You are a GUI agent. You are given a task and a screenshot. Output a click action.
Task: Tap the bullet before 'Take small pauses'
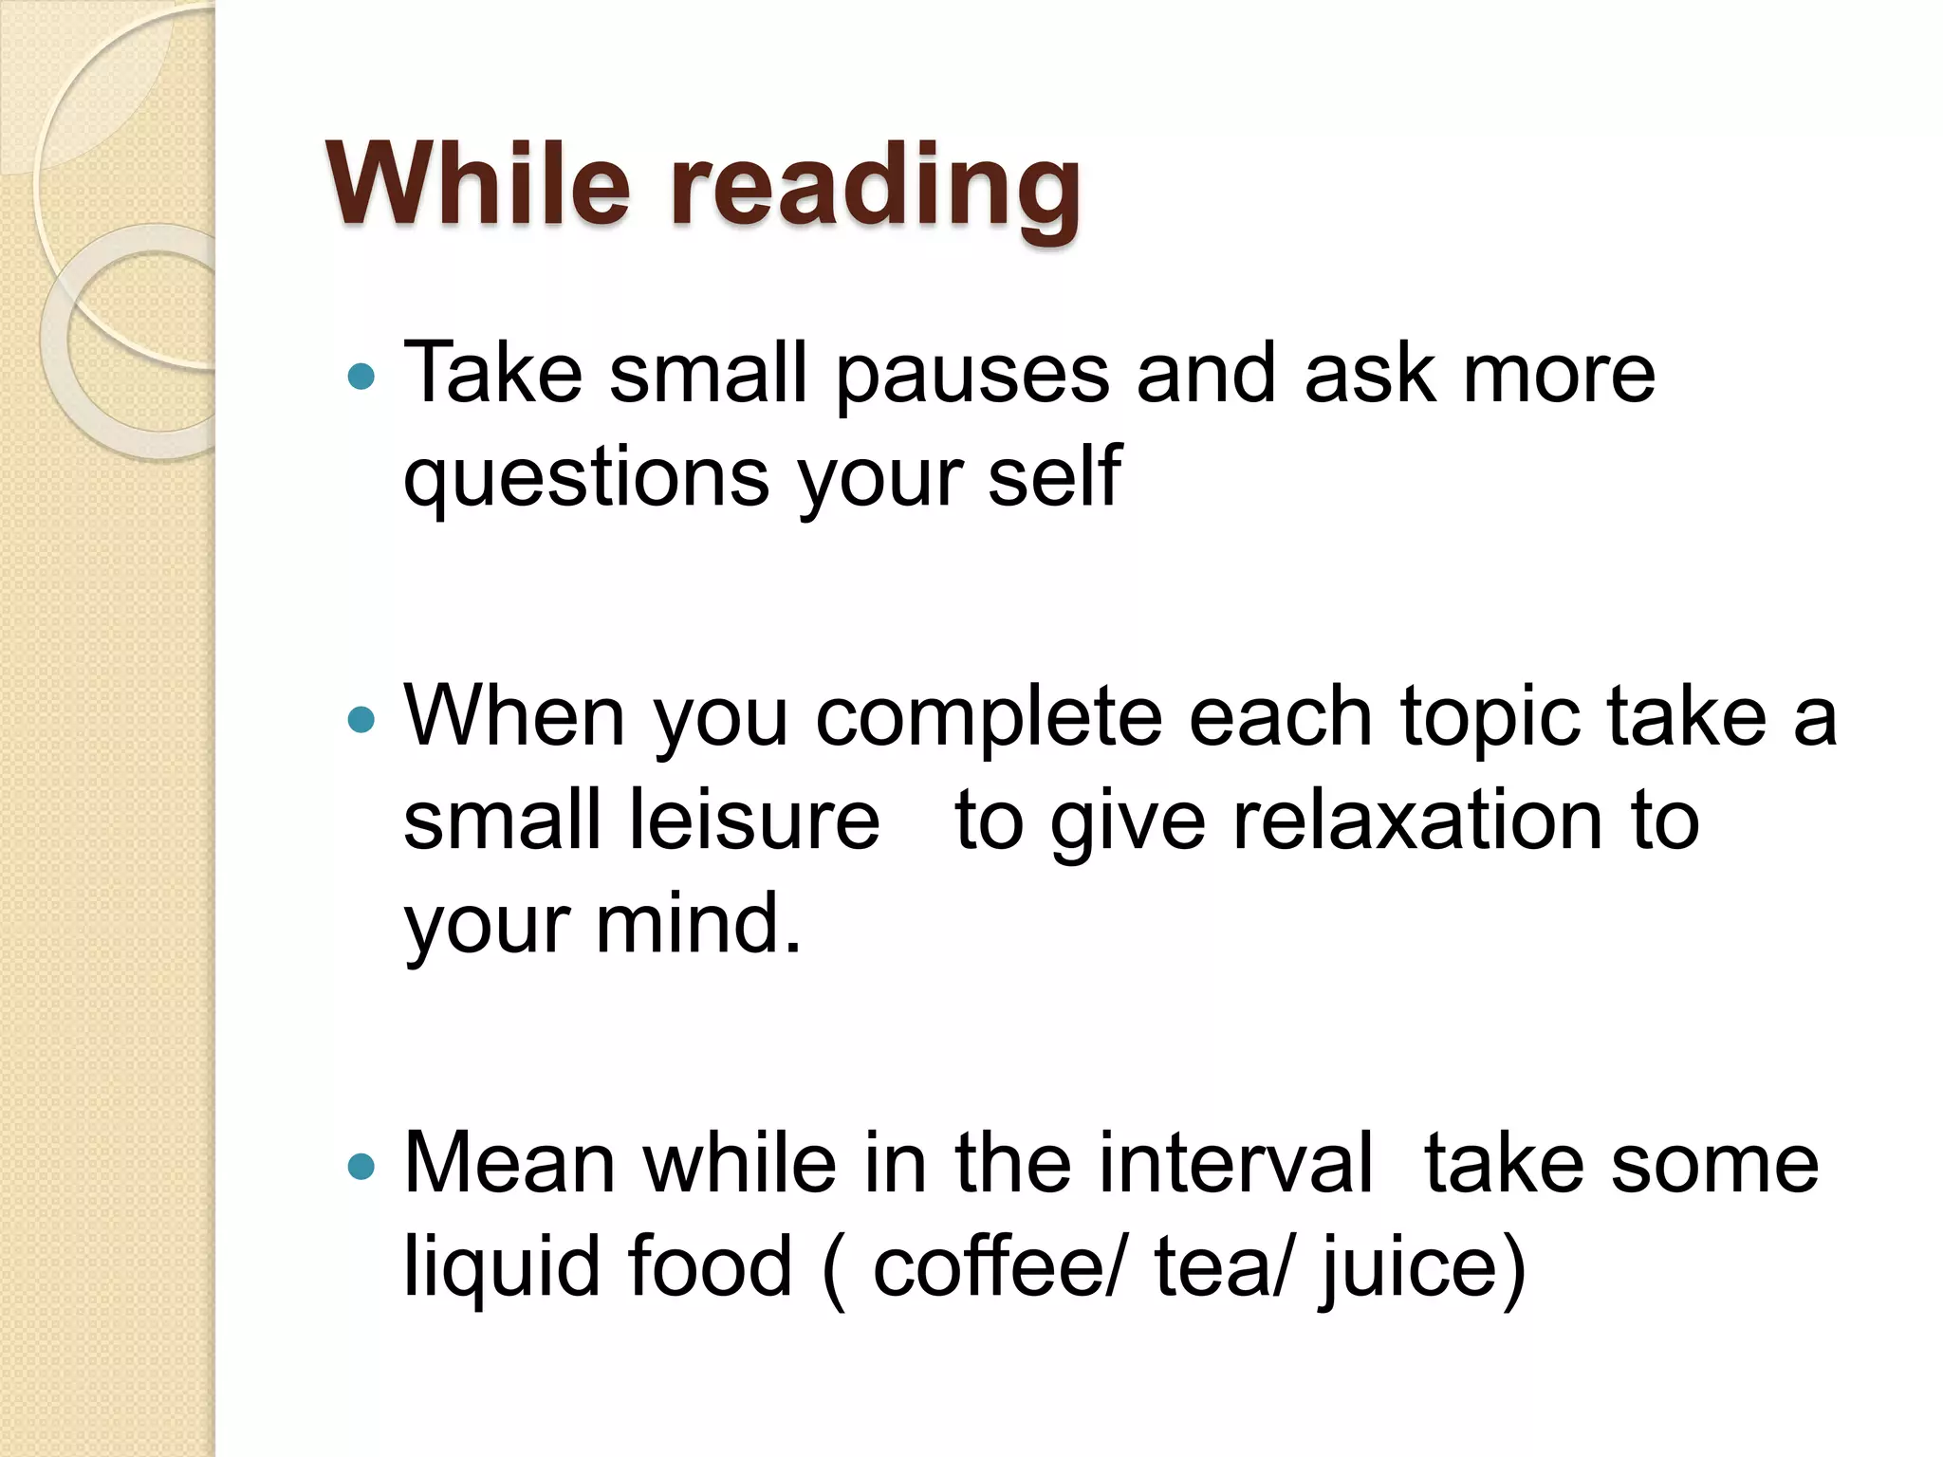[361, 378]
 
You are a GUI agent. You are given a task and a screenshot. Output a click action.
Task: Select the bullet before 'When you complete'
[361, 719]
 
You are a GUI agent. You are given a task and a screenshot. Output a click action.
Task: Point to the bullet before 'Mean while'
[361, 1165]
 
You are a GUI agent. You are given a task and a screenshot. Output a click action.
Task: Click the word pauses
[972, 376]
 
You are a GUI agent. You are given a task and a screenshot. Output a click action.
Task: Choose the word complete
[989, 719]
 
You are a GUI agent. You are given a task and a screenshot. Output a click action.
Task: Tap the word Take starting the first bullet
[492, 374]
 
